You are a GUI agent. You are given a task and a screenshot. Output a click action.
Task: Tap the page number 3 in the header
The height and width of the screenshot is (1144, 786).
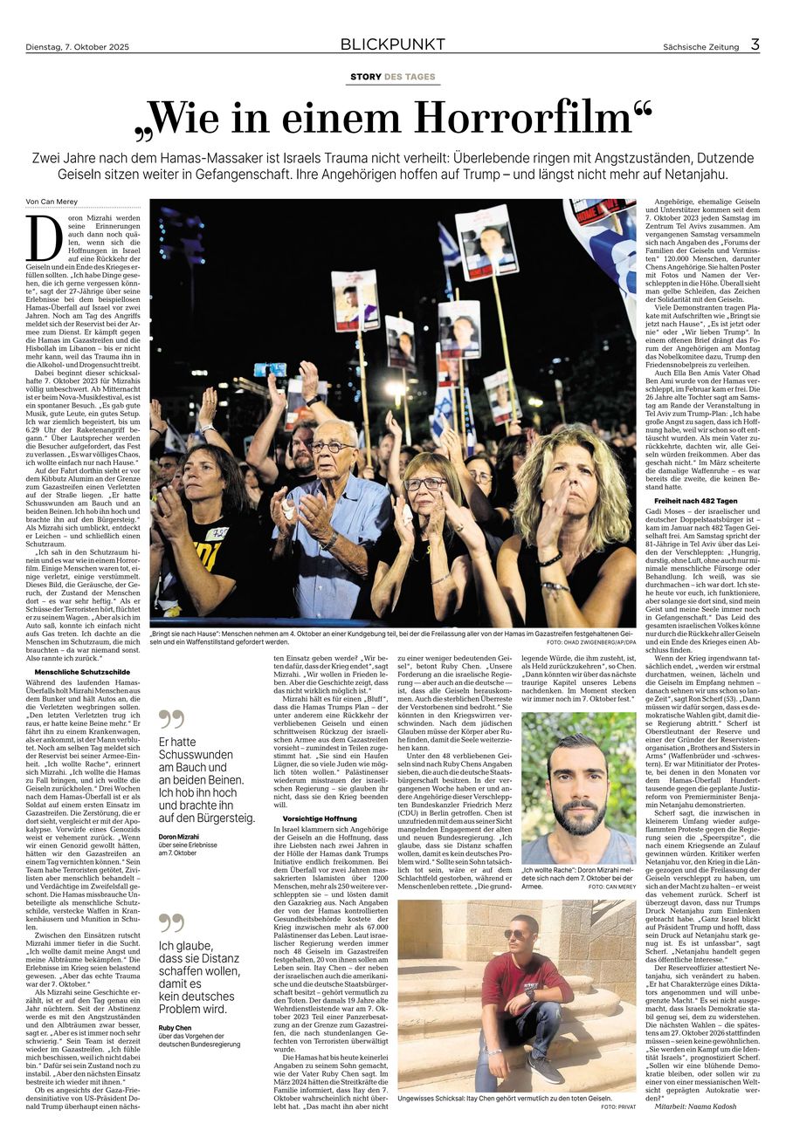point(755,45)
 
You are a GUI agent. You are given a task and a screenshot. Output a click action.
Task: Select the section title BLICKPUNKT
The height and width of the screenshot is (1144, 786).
point(392,45)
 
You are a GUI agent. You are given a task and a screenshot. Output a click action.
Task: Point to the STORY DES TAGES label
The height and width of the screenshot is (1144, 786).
point(392,77)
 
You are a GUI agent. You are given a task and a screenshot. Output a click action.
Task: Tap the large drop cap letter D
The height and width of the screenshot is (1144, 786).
point(41,238)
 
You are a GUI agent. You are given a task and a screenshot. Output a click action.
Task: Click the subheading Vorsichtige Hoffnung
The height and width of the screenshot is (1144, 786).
point(307,819)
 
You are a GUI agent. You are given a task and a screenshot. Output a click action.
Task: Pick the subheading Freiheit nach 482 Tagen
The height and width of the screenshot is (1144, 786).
point(695,500)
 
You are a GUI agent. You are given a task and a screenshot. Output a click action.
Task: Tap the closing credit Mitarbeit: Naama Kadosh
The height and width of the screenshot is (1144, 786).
point(698,1106)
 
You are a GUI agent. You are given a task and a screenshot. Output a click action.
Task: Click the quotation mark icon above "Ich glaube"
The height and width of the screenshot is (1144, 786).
point(172,923)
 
